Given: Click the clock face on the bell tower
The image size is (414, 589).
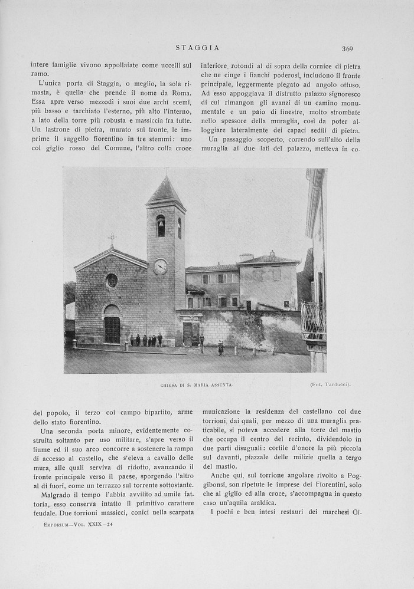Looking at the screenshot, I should (160, 266).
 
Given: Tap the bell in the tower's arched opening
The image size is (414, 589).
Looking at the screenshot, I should (161, 225).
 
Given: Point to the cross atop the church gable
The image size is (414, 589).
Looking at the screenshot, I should (112, 239).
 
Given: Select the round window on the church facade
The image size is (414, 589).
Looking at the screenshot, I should (112, 281).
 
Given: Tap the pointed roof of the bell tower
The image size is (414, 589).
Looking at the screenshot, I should (165, 192).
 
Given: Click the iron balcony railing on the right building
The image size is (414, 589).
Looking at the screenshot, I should (313, 321).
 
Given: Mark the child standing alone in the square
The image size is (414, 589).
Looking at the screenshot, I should (221, 348).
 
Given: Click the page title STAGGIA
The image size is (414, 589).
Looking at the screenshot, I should (198, 48).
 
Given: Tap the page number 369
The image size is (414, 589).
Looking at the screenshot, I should (347, 49).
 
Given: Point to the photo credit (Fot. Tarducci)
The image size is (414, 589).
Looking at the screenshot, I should (330, 385).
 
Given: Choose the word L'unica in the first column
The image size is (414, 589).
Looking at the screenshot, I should (51, 83).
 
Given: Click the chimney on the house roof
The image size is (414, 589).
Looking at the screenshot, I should (246, 257).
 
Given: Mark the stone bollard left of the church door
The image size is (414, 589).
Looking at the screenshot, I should (74, 343).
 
